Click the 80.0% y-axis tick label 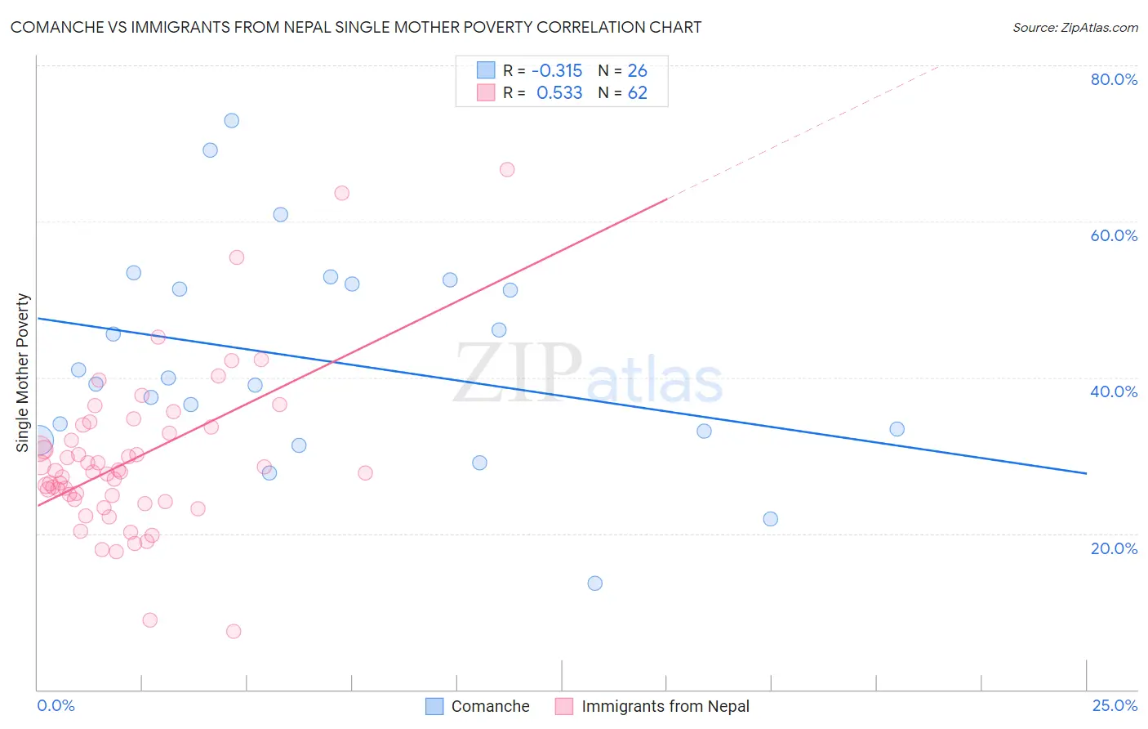(1114, 79)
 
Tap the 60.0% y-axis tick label (1114, 235)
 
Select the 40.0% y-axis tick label (1114, 391)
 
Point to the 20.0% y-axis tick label (1114, 548)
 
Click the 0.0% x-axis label (56, 705)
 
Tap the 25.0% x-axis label (1115, 705)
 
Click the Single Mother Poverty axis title (23, 373)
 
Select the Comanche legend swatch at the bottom (434, 706)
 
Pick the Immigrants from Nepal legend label (665, 706)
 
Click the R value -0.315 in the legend (557, 70)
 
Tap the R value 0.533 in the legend (559, 93)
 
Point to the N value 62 (637, 93)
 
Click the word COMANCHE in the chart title (56, 27)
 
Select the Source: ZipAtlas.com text (1075, 27)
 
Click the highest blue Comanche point (232, 120)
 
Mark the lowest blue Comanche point (595, 584)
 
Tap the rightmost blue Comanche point (897, 429)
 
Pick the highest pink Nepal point (507, 170)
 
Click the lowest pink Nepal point (234, 631)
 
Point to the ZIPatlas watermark (588, 374)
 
